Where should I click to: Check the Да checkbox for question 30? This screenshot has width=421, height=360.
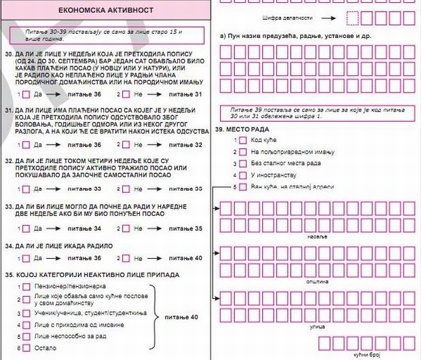click(x=26, y=94)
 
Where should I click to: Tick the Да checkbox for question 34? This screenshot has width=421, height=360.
click(x=26, y=258)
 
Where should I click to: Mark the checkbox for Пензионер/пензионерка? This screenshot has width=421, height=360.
click(x=26, y=287)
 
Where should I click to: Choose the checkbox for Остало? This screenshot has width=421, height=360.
click(x=26, y=348)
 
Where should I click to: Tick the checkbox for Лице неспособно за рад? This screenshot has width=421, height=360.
click(x=26, y=336)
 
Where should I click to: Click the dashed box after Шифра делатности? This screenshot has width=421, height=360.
click(x=354, y=17)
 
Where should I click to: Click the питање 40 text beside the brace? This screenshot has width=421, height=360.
click(x=180, y=317)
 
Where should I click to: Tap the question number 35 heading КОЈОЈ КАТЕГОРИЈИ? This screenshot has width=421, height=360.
click(x=92, y=274)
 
